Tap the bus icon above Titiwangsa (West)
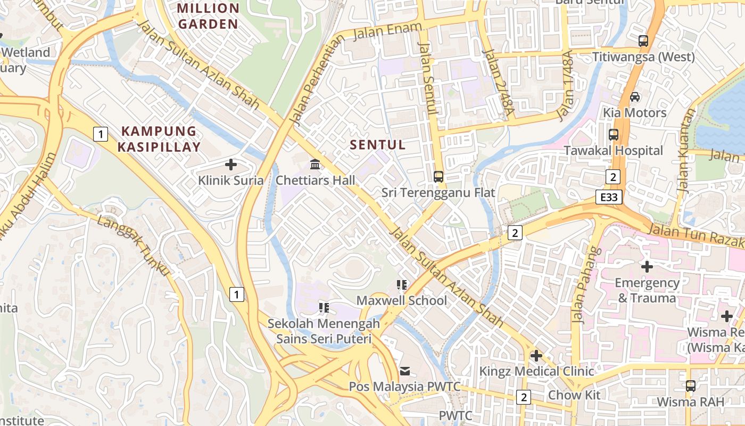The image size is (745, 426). (643, 40)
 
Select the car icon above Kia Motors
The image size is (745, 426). (635, 97)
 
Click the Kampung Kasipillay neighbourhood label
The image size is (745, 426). (159, 139)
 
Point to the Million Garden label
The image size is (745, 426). (208, 16)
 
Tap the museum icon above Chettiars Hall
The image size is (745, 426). (315, 165)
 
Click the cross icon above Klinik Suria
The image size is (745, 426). (231, 165)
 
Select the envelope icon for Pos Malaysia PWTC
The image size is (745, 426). (405, 371)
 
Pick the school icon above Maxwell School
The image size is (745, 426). (402, 285)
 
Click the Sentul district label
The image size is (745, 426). (378, 145)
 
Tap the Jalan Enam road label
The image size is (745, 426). (388, 31)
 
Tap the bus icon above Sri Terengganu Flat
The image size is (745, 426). (438, 177)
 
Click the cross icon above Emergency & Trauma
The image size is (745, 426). (647, 266)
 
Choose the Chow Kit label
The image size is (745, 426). (574, 395)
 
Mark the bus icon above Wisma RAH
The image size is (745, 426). (690, 386)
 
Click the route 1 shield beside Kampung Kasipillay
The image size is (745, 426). (101, 134)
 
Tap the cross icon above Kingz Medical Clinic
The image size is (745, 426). (536, 355)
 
